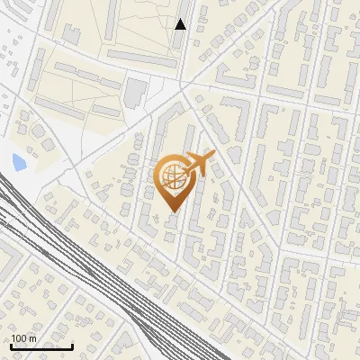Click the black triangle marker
(x=180, y=24)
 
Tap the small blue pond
(x=19, y=163)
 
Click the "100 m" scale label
(x=23, y=338)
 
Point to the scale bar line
(x=41, y=346)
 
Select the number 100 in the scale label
(x=20, y=338)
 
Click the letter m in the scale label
(x=32, y=338)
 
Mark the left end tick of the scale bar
(x=11, y=345)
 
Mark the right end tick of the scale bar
(x=72, y=345)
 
